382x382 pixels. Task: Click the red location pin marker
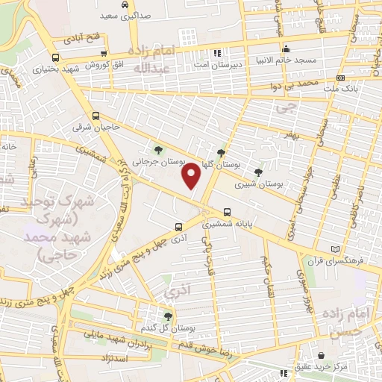pyautogui.click(x=192, y=176)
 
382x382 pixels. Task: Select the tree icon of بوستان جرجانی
pyautogui.click(x=157, y=148)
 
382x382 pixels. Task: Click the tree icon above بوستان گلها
pyautogui.click(x=221, y=151)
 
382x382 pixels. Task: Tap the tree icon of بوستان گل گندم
pyautogui.click(x=168, y=316)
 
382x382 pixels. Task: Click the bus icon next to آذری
pyautogui.click(x=178, y=226)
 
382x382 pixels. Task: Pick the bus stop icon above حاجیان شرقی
pyautogui.click(x=95, y=116)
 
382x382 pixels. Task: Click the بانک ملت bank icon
pyautogui.click(x=340, y=78)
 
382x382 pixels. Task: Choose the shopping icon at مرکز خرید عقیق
pyautogui.click(x=322, y=355)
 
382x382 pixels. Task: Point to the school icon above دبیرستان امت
pyautogui.click(x=217, y=53)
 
